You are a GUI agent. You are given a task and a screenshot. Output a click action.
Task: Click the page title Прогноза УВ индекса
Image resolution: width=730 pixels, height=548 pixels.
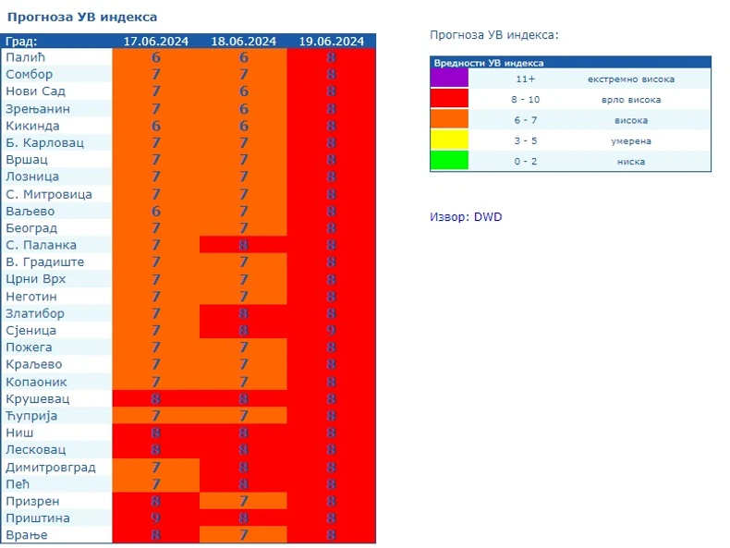pos(80,17)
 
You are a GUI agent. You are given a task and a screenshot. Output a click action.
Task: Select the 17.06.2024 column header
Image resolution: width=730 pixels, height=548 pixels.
pos(156,41)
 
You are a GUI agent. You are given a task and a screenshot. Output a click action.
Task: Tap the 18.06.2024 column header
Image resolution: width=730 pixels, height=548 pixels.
pos(243,41)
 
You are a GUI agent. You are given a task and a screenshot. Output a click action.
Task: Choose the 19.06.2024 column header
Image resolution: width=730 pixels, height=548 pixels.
pos(331,41)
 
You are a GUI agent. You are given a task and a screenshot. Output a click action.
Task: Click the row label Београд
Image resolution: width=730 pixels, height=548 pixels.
pos(31,228)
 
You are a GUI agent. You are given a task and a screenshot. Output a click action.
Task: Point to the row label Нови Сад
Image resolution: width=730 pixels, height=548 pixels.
pos(35,91)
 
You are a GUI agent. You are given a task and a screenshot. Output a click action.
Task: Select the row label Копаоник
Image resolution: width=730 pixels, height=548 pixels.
pos(35,382)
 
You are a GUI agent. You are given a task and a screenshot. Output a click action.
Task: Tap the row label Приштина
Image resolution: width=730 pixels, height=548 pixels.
pos(37,518)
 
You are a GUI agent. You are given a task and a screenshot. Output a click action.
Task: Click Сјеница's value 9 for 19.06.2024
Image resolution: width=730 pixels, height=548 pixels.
pos(331,331)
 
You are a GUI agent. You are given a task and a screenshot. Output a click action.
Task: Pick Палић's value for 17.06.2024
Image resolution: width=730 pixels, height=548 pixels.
pos(156,57)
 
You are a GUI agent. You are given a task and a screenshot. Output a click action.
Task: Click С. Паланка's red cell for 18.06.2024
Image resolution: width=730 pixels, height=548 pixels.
pos(243,246)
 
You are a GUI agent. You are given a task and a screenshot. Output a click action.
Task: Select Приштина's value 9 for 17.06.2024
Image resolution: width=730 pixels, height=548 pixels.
pos(156,518)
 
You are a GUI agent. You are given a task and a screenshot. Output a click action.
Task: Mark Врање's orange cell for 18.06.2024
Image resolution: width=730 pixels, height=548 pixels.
pos(243,535)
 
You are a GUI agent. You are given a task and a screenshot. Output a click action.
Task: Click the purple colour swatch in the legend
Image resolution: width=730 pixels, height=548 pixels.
pos(449,79)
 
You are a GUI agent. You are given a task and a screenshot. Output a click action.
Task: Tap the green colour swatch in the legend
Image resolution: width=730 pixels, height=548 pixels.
pos(449,161)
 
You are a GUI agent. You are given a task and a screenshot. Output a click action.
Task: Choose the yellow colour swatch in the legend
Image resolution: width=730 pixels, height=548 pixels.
pos(449,140)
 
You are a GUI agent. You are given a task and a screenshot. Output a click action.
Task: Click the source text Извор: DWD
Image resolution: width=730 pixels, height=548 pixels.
pos(466,217)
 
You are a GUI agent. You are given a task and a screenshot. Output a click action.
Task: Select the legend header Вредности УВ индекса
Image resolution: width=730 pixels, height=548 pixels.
pos(488,63)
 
